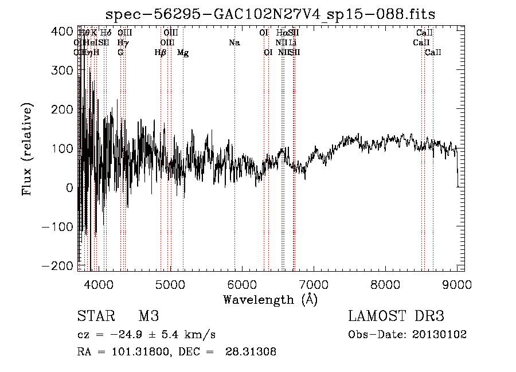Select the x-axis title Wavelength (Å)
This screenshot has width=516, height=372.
coord(271,299)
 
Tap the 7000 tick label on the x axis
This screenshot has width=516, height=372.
coord(313,284)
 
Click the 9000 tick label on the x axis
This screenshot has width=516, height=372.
coord(457,284)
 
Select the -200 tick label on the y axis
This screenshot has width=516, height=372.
coord(57,266)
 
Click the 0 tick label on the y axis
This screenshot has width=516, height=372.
coord(69,187)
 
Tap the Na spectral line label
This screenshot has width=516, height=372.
coord(234,43)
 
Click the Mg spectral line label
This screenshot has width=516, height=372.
coord(183,53)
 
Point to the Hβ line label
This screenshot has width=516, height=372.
coord(161,53)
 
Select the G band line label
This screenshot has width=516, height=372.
coord(120,53)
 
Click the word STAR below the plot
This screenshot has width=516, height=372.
coord(95,316)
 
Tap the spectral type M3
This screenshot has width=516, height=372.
coord(148,316)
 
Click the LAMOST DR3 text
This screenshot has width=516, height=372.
coord(396,316)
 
